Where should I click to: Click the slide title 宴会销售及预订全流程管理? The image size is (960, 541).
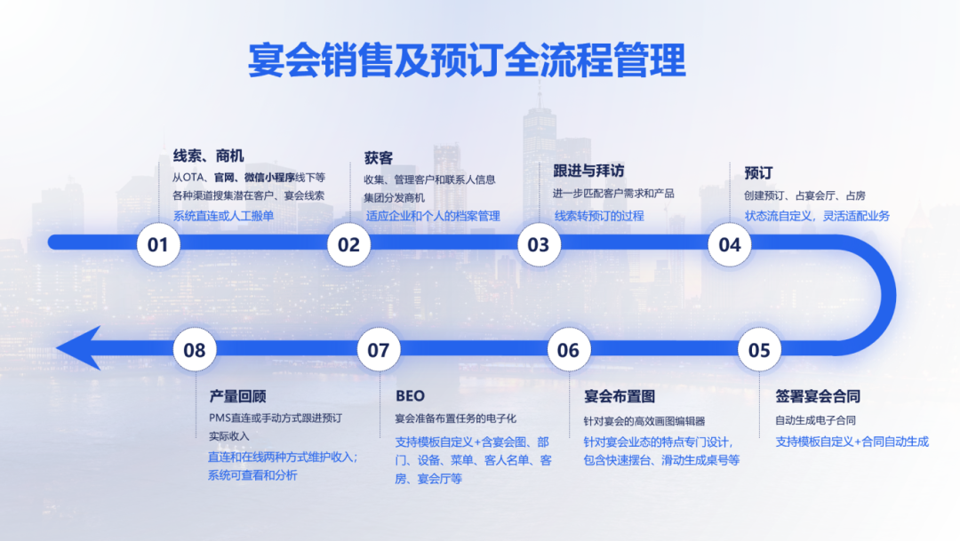[x=468, y=62]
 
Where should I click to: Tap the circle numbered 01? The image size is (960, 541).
[x=158, y=244]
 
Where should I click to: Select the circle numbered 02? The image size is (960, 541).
[x=348, y=244]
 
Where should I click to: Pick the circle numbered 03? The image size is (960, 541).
[x=539, y=244]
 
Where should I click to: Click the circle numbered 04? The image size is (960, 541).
[x=729, y=244]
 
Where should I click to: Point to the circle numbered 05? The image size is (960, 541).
[x=759, y=350]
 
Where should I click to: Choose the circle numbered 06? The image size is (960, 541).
[x=568, y=350]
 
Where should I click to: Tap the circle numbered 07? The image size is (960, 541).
[x=379, y=350]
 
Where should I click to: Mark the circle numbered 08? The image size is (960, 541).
[x=194, y=350]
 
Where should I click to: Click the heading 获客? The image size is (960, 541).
[x=378, y=158]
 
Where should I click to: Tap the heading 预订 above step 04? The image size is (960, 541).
[x=758, y=172]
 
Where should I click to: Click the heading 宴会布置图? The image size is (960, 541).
[x=620, y=396]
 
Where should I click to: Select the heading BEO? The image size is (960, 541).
[x=410, y=396]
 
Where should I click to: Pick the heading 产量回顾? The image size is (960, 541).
[x=237, y=396]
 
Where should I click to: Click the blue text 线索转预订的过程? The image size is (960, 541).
[x=600, y=216]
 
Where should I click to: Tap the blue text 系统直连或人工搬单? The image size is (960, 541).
[x=223, y=216]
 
